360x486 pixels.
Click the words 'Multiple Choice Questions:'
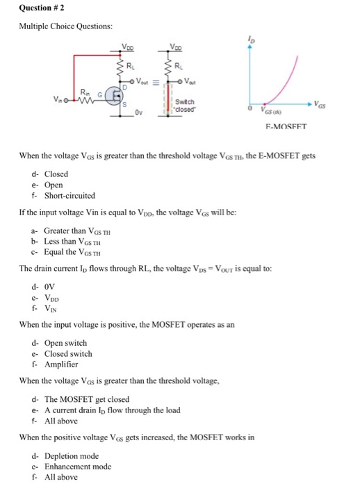67,26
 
